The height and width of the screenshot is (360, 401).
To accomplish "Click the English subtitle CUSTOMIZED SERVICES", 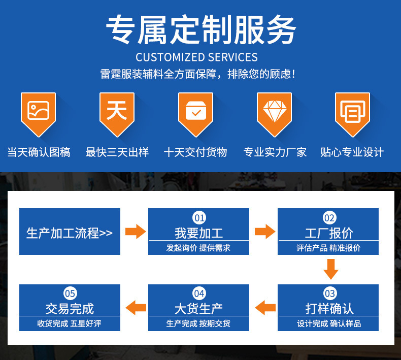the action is [196, 57].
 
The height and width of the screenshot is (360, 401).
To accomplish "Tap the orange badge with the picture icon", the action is [39, 114].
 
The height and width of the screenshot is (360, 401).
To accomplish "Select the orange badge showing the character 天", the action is [117, 114].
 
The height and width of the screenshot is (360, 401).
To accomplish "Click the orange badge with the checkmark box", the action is [195, 114].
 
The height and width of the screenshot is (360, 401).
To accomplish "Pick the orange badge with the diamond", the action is [275, 114].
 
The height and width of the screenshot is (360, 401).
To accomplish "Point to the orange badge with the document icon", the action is [353, 114].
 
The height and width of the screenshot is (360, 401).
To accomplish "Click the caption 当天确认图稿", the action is [39, 152].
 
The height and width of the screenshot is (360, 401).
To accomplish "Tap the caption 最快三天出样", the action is [117, 152].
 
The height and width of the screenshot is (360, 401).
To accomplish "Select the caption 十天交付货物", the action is [195, 152].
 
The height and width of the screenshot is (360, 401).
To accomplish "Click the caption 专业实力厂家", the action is [275, 152].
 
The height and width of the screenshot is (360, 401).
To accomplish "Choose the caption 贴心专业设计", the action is [352, 152].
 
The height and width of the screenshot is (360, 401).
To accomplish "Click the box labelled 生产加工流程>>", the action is [70, 232].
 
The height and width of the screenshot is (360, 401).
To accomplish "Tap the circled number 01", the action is [199, 218].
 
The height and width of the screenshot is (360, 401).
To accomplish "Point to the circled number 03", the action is [329, 293].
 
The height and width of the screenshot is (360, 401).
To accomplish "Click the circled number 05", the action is [70, 293].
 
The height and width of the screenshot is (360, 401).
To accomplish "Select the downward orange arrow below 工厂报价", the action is [331, 269].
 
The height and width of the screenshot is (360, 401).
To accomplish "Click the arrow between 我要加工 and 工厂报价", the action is [265, 232].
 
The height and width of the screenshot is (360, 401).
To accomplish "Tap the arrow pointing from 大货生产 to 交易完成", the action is [136, 308].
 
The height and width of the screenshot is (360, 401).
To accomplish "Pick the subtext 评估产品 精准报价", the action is [328, 248].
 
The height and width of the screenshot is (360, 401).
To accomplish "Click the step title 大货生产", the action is [198, 309].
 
